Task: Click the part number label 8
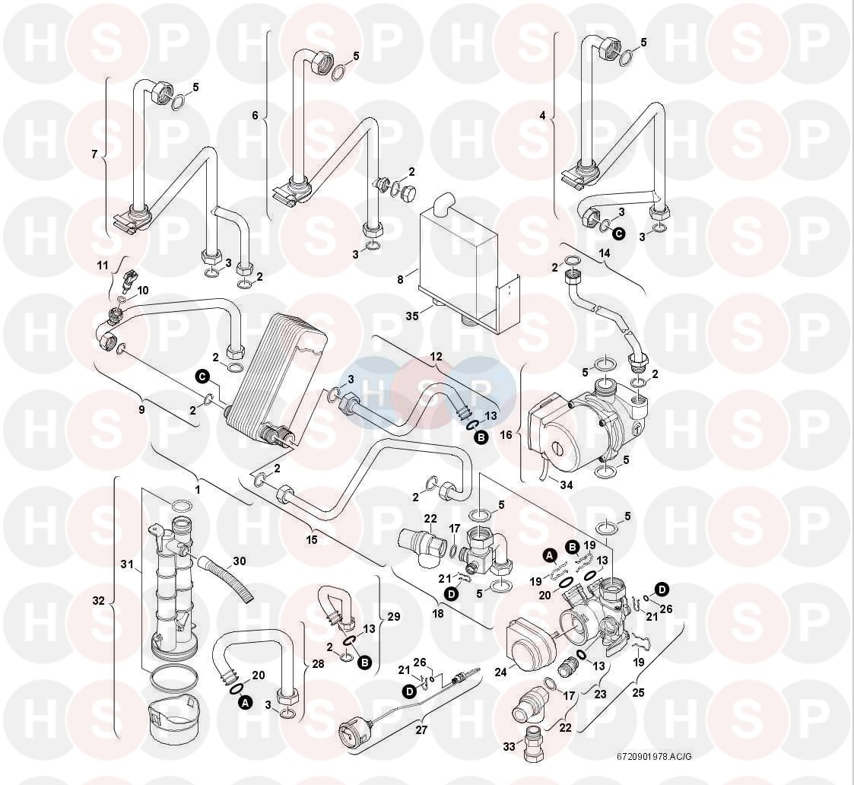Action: [x=400, y=280]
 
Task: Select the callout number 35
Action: [x=413, y=315]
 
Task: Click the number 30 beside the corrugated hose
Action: [x=240, y=561]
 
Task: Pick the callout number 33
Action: [x=510, y=747]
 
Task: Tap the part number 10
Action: [x=143, y=290]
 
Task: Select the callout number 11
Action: [x=103, y=265]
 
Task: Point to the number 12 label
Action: [x=436, y=356]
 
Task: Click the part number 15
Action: [x=312, y=539]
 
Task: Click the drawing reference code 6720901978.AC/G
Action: [x=653, y=757]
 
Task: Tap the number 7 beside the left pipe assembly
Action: [x=94, y=154]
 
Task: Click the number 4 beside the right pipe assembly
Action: [x=542, y=116]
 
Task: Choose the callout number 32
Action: [x=99, y=600]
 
